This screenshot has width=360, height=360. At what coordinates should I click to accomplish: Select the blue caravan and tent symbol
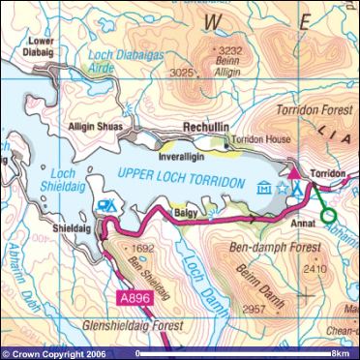pos(108,206)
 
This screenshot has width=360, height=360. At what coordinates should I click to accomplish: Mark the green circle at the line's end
pos(328,215)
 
